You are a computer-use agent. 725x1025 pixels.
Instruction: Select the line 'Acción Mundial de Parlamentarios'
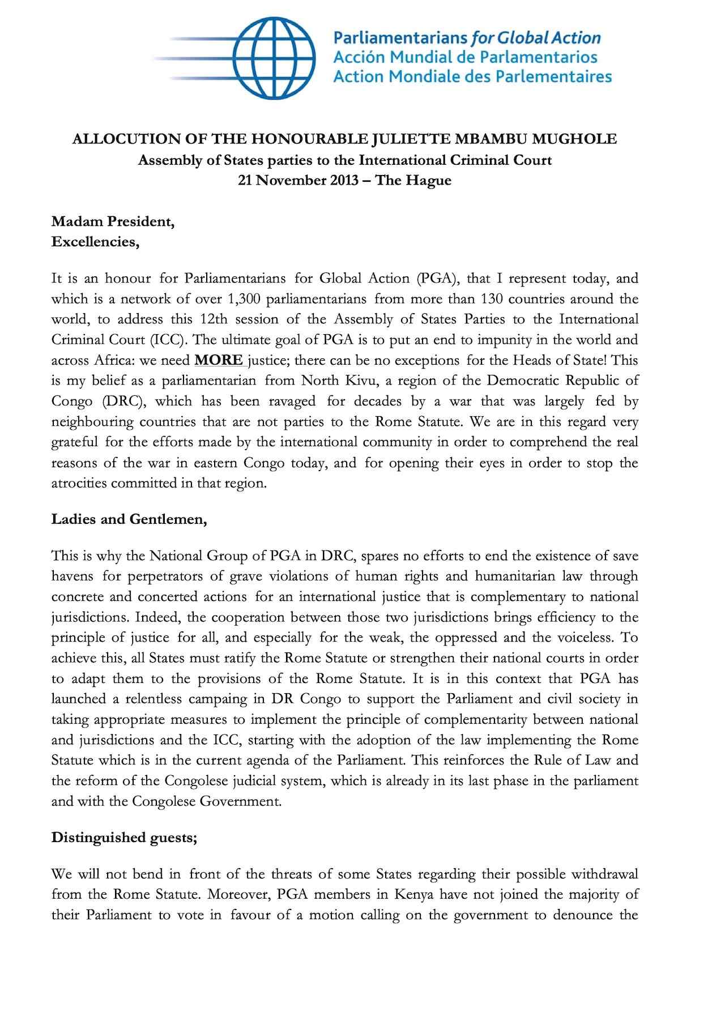(465, 57)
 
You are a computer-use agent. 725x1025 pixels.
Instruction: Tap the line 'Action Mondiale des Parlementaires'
(472, 76)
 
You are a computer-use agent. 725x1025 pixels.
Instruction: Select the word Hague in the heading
(431, 181)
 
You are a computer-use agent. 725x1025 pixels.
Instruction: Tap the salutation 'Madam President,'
(113, 221)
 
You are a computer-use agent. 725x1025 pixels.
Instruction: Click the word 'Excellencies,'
(95, 242)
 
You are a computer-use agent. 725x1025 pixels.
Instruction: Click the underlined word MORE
(219, 360)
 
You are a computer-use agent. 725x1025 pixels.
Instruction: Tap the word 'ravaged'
(293, 401)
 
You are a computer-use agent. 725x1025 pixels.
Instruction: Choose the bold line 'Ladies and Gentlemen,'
(129, 519)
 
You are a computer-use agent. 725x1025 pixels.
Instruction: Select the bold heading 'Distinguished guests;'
(124, 838)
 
